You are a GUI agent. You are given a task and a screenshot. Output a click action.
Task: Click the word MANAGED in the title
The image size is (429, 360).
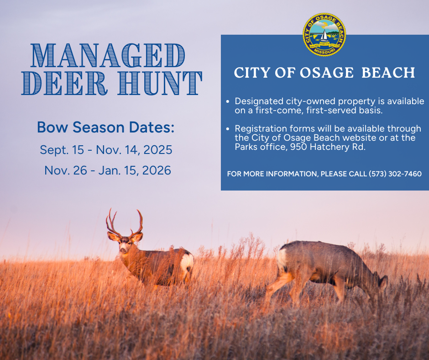[108, 56]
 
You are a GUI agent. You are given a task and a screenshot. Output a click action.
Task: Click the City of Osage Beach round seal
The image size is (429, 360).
[324, 35]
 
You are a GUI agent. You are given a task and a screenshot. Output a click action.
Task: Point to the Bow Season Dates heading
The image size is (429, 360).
[105, 127]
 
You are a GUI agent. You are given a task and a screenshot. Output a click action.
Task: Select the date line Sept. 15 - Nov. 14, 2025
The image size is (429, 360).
[106, 149]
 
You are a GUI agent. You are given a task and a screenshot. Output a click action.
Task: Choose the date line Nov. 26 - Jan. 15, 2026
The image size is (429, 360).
[108, 170]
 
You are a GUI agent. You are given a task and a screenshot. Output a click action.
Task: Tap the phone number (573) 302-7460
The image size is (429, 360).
[395, 174]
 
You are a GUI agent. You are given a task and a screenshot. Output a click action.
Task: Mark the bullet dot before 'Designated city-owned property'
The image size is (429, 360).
[227, 101]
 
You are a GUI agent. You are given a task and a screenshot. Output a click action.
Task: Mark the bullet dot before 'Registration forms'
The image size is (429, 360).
[227, 129]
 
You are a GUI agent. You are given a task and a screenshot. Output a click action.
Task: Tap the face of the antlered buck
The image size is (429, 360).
[123, 245]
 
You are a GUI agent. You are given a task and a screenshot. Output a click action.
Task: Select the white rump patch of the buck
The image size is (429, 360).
[187, 263]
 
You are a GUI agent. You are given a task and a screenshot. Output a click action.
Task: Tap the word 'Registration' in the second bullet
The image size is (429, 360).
[258, 129]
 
